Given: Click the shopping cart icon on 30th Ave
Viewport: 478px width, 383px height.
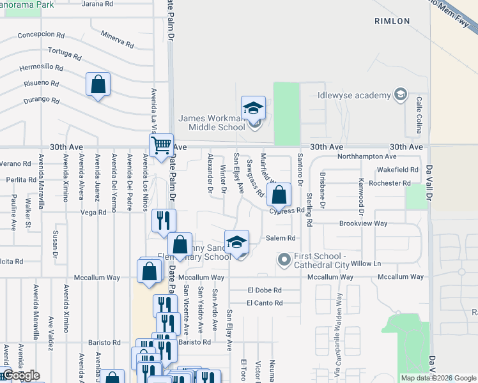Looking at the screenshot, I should tap(161, 144).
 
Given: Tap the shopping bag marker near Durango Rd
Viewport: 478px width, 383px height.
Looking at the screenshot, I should tap(98, 84).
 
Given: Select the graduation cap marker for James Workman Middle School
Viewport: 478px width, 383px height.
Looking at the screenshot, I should tap(253, 108).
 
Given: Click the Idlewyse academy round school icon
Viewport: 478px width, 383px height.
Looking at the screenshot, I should tap(401, 95).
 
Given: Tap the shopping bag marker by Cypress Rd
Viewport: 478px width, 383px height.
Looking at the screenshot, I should tap(279, 195).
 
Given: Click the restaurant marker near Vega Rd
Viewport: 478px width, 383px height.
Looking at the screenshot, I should tap(164, 221).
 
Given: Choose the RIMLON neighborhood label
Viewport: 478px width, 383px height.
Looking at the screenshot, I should tap(392, 21).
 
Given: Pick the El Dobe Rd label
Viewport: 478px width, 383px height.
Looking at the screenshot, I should tap(265, 290).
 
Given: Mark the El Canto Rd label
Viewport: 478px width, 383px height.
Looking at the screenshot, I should tap(265, 303).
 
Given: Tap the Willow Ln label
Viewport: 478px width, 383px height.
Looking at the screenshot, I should tap(366, 263).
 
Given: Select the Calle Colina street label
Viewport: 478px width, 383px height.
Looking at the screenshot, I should tap(419, 114).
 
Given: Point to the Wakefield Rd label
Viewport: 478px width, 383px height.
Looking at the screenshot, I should tap(397, 170).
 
